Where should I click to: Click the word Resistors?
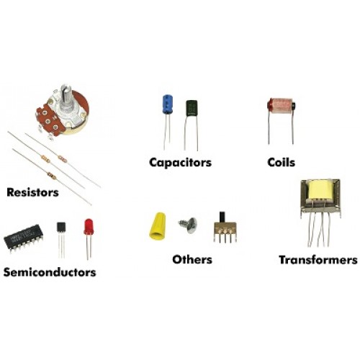pyautogui.click(x=32, y=192)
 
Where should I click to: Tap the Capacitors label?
pyautogui.click(x=181, y=163)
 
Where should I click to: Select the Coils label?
pyautogui.click(x=282, y=163)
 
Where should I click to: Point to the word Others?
pyautogui.click(x=192, y=259)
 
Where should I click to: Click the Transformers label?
pyautogui.click(x=318, y=260)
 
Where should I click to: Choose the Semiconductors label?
pyautogui.click(x=50, y=272)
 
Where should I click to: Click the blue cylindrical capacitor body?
pyautogui.click(x=168, y=104)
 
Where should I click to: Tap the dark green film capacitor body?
pyautogui.click(x=192, y=109)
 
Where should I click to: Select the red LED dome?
pyautogui.click(x=89, y=226)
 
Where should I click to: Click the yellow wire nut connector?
pyautogui.click(x=158, y=225)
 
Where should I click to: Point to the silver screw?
pyautogui.click(x=189, y=225)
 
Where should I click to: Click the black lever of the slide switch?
pyautogui.click(x=222, y=217)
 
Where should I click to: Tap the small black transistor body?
pyautogui.click(x=61, y=227)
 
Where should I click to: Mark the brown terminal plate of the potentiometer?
pyautogui.click(x=50, y=120)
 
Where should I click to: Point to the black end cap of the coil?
pyautogui.click(x=293, y=106)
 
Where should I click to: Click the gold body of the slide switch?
pyautogui.click(x=225, y=228)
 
